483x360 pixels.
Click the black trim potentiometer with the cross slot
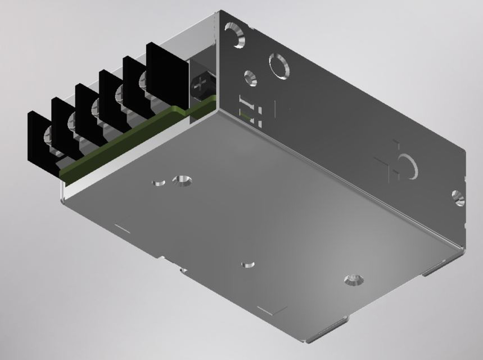tap(200, 85)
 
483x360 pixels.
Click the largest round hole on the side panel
tap(279, 65)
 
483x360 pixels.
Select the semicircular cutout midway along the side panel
tap(406, 167)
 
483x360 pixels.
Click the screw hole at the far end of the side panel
tap(458, 197)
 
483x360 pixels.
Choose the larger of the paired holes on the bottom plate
tap(182, 181)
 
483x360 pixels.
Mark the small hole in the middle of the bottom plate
tap(247, 264)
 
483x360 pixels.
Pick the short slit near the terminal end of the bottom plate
tap(123, 228)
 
